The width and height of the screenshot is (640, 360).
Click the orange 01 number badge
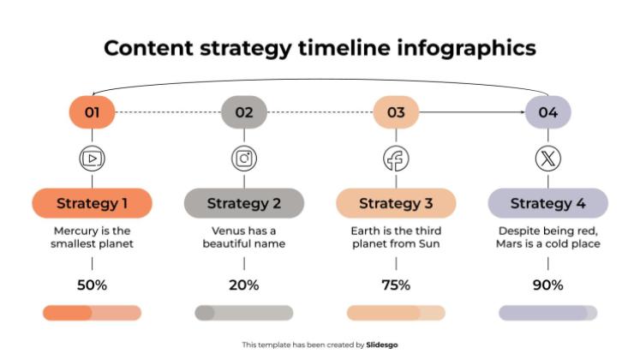coord(93,112)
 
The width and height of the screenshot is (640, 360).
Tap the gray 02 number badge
coord(244,112)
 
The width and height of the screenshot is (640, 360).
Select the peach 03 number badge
coord(396,112)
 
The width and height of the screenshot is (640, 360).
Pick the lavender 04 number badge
coord(547,112)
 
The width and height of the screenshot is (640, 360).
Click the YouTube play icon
coord(93,159)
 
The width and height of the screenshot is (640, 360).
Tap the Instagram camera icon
coord(244,159)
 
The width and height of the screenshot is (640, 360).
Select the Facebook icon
coord(396,159)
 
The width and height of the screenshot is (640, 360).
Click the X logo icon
coord(547,159)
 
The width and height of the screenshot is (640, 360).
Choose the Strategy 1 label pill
coord(93,203)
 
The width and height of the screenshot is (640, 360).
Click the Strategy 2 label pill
coord(244,203)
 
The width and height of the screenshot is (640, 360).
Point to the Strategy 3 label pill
coord(396,203)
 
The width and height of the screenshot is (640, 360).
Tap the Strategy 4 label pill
coord(547,203)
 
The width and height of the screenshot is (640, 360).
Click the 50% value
coord(93,285)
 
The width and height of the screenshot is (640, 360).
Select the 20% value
coord(244,285)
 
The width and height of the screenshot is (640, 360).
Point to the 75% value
coord(396,285)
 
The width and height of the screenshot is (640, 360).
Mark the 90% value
coord(547,285)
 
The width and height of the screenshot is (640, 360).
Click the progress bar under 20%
coord(244,313)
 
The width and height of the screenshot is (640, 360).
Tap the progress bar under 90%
coord(547,313)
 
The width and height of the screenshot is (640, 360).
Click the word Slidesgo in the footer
coord(382,345)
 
